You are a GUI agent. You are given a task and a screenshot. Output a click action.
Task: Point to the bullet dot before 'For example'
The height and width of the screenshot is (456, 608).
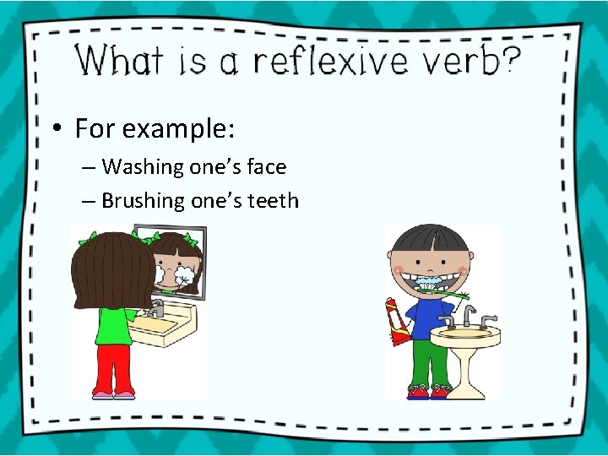(54, 129)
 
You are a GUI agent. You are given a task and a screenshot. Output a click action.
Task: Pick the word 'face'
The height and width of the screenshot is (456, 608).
(266, 167)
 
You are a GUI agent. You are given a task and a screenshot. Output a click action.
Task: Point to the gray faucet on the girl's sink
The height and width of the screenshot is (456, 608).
(156, 307)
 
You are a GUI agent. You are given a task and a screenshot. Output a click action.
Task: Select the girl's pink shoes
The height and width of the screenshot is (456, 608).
(113, 394)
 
